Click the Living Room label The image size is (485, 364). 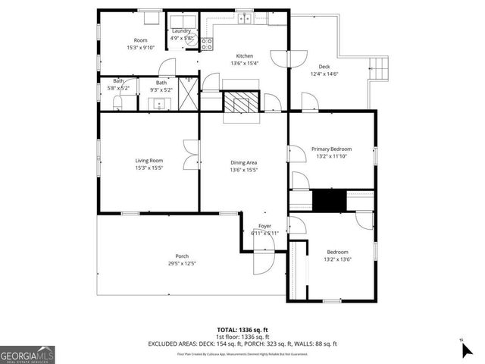tap(149, 160)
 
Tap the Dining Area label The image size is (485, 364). tap(244, 162)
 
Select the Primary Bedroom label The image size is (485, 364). tap(332, 149)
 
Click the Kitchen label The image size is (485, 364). tap(244, 56)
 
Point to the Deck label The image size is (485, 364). tap(324, 66)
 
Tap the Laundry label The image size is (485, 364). tap(181, 31)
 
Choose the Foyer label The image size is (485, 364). tap(264, 226)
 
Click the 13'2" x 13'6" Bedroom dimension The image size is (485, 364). tap(337, 259)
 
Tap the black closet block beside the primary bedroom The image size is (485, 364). tap(329, 202)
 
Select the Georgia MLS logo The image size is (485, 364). tap(27, 354)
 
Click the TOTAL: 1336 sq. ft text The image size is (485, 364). tap(242, 330)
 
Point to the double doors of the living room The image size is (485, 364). tap(191, 155)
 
